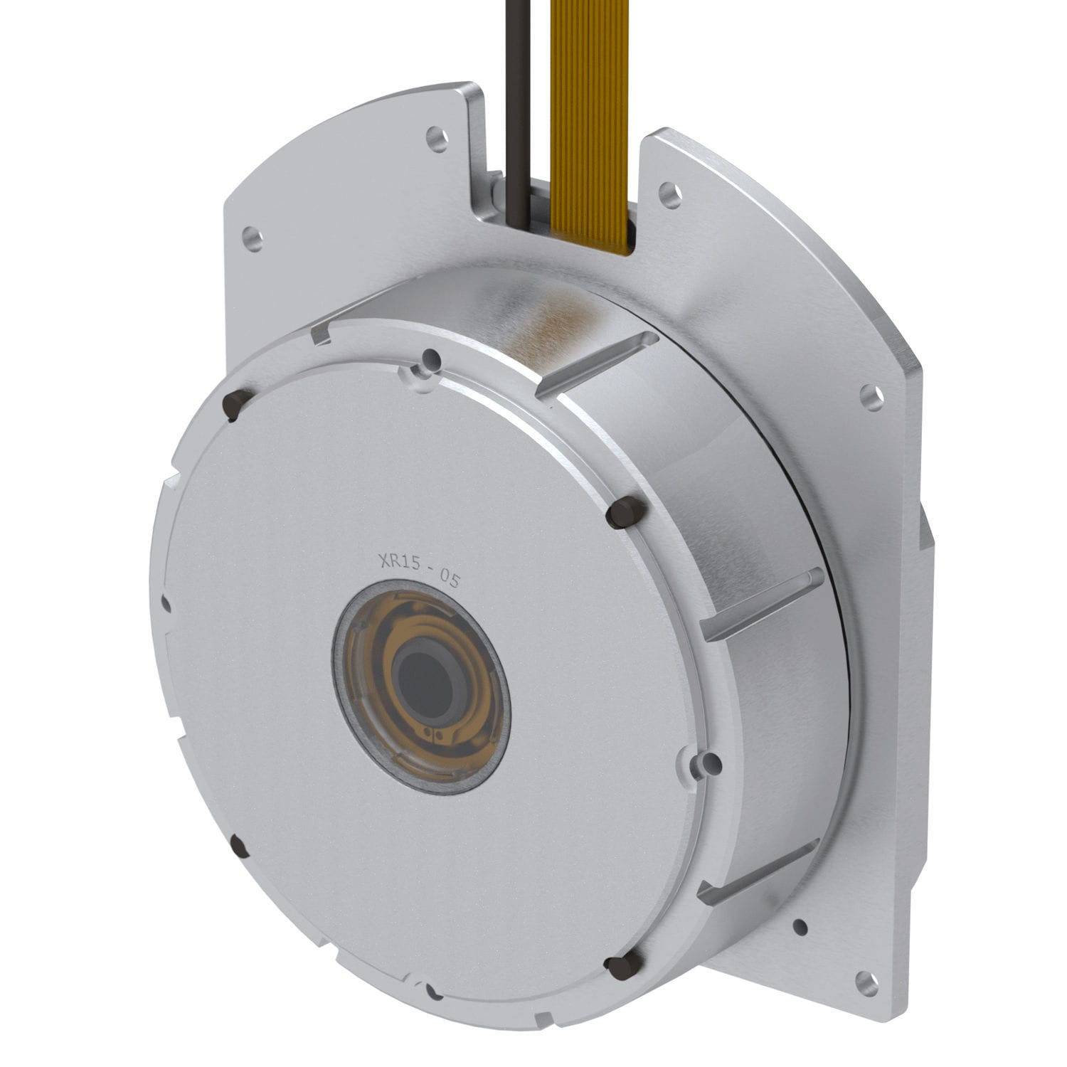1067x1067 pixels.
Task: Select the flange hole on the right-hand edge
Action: [x=870, y=395]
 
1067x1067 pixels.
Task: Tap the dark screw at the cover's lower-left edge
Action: [x=239, y=847]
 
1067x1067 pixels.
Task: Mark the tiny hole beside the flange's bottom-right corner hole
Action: [x=800, y=927]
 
